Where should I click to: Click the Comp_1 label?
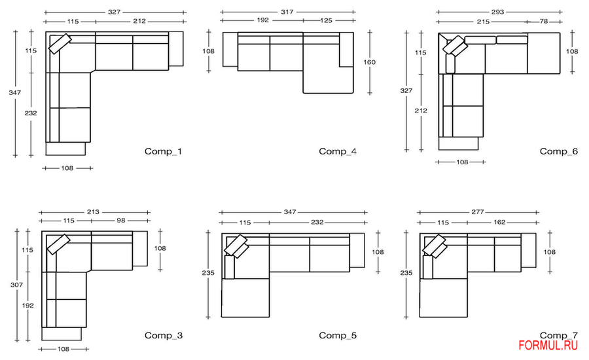(163, 151)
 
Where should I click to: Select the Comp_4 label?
(338, 151)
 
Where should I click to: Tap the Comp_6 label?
(559, 151)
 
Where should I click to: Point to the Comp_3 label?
(164, 335)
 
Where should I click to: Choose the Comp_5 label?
(338, 335)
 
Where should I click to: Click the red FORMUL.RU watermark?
(548, 346)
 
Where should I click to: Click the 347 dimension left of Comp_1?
(15, 92)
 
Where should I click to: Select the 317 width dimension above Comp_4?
(287, 12)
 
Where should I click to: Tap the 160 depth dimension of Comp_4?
(369, 62)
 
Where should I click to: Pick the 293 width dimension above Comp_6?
(497, 12)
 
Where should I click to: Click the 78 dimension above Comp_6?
(544, 22)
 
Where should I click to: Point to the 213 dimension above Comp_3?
(93, 212)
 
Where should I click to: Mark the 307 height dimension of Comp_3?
(16, 285)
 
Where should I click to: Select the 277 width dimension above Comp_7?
(478, 212)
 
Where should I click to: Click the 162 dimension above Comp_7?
(499, 222)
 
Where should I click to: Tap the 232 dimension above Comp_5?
(317, 222)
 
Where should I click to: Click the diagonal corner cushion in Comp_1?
(60, 44)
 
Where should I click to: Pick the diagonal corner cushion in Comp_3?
(59, 244)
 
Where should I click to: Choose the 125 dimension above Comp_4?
(326, 20)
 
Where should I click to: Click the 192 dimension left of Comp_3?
(27, 306)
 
